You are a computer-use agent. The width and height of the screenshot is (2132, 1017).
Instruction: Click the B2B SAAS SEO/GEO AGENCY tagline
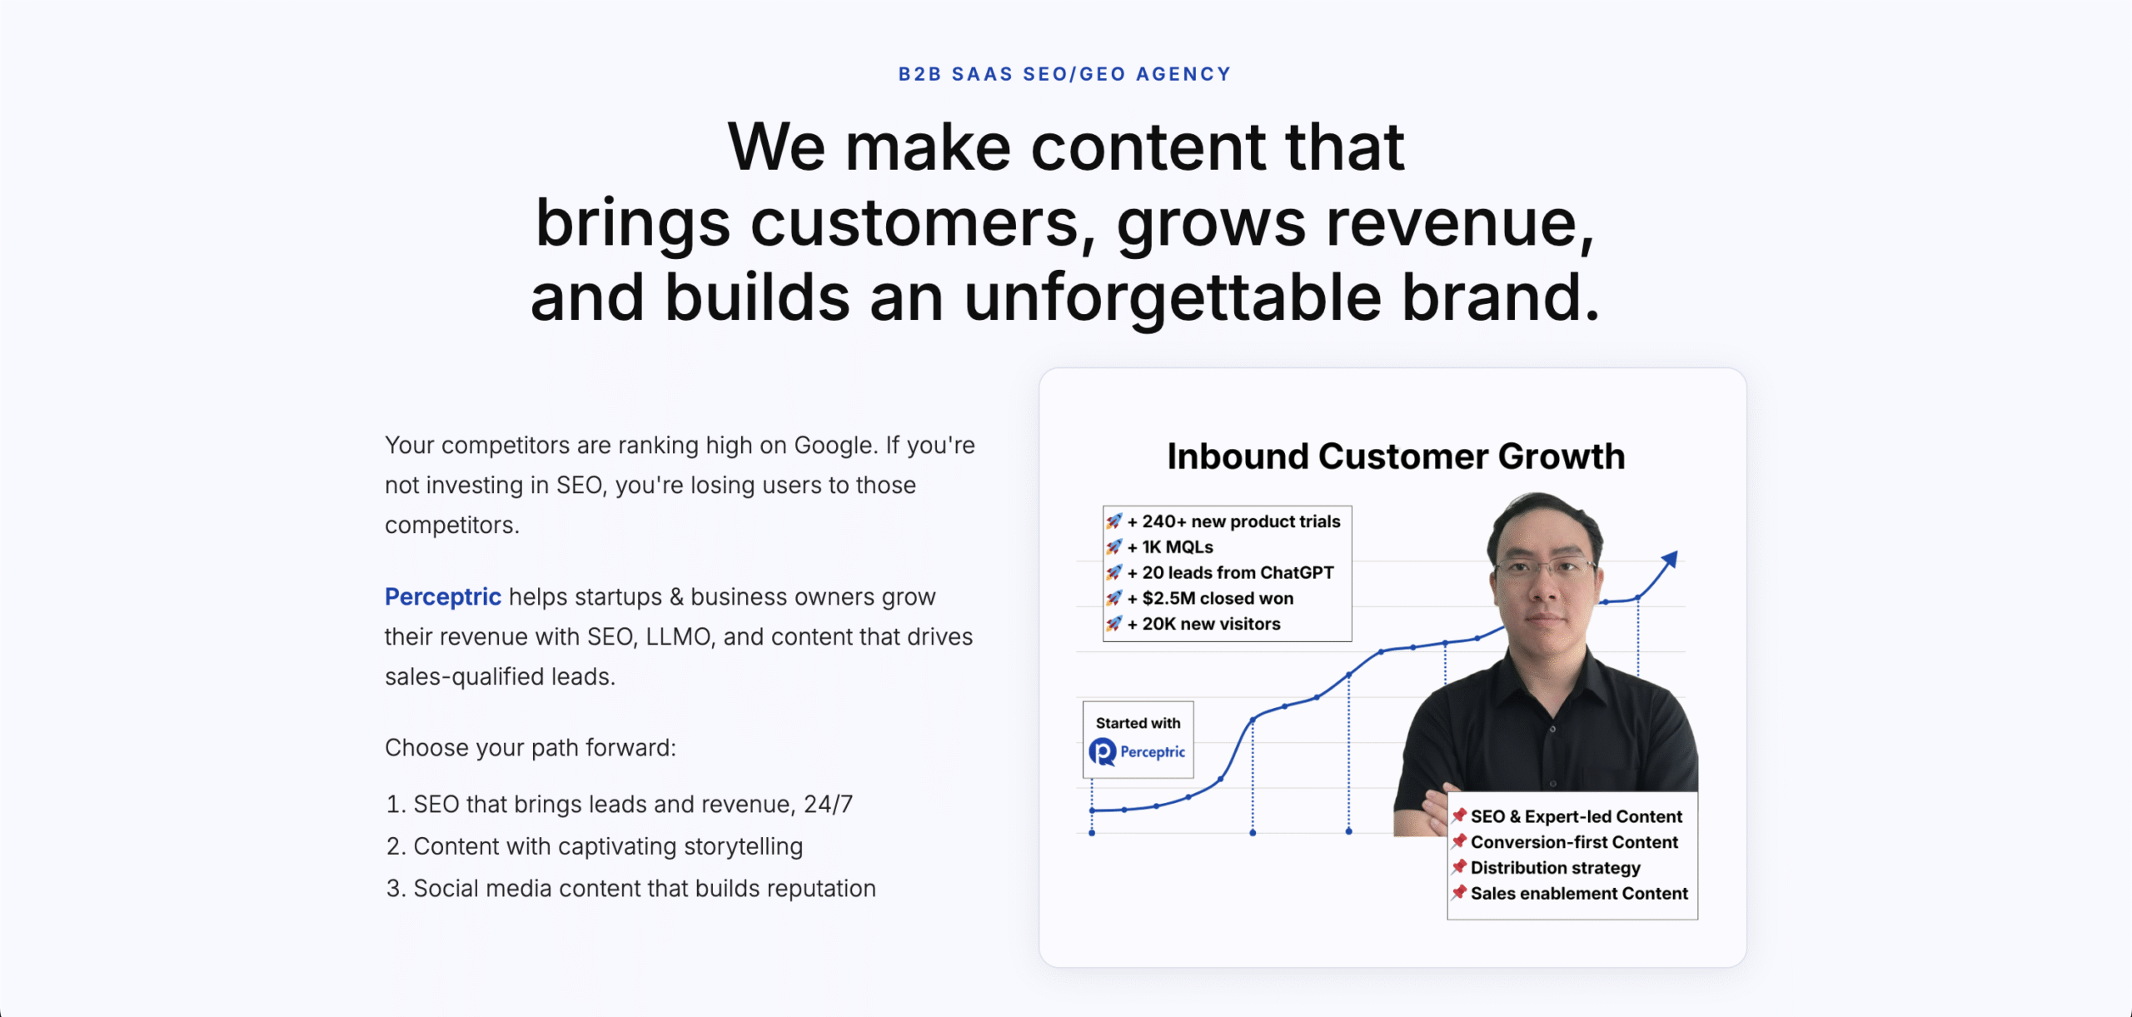click(1064, 74)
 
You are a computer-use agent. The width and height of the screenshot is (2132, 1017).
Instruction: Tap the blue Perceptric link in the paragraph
click(442, 596)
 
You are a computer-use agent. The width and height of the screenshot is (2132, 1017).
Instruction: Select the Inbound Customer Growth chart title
click(1395, 456)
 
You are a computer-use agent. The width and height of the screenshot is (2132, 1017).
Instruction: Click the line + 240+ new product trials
click(1240, 521)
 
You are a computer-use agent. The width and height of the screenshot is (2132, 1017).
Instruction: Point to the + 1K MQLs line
click(1177, 547)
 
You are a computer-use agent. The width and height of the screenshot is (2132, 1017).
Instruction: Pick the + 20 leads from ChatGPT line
click(1237, 573)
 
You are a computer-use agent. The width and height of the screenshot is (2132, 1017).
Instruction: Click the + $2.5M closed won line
click(1217, 598)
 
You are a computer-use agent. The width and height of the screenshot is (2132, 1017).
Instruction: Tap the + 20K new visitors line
click(1210, 624)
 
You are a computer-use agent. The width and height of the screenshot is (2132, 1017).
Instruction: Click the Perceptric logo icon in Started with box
click(1103, 752)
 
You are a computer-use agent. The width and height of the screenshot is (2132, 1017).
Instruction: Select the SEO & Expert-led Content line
click(1576, 816)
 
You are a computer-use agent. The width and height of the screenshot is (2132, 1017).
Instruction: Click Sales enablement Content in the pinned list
click(1578, 894)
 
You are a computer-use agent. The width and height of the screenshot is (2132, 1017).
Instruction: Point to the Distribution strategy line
click(1555, 868)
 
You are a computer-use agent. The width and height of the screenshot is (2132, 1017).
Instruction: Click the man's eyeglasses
click(1545, 570)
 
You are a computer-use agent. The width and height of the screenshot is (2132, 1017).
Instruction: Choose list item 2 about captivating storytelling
click(607, 846)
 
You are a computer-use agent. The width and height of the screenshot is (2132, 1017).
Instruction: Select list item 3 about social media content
click(644, 889)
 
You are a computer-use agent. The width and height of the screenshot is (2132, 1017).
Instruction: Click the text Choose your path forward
click(530, 748)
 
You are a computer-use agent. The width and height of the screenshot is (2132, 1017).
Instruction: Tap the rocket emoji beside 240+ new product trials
click(1114, 521)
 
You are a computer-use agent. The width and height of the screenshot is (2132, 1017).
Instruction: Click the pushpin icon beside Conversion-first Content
click(1459, 841)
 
